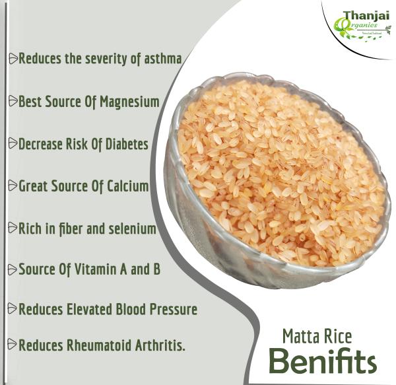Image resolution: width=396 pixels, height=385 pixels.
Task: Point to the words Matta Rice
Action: pos(317,337)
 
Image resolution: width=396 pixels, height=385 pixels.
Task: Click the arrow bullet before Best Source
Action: pos(13,102)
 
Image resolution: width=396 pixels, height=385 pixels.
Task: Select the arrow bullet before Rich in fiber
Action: pos(13,229)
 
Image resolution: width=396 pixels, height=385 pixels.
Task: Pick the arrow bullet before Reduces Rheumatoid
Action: pos(13,345)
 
